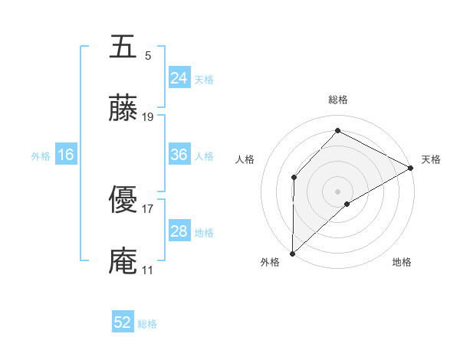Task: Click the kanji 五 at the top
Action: [x=123, y=47]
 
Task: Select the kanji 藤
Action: [x=123, y=110]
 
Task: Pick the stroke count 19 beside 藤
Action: [x=148, y=117]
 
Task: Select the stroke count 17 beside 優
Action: [x=148, y=208]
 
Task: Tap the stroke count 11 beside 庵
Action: [x=148, y=270]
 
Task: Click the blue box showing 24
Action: [x=179, y=77]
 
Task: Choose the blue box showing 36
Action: [x=179, y=155]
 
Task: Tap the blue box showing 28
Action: [x=179, y=231]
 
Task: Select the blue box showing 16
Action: [x=65, y=155]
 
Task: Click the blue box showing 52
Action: [x=123, y=322]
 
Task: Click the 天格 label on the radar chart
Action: [x=431, y=159]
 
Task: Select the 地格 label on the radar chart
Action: [x=402, y=262]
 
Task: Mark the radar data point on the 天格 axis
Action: [x=411, y=168]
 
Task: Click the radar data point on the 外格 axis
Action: [x=292, y=254]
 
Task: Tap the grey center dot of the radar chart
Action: [x=338, y=191]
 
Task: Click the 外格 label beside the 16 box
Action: [x=41, y=155]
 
